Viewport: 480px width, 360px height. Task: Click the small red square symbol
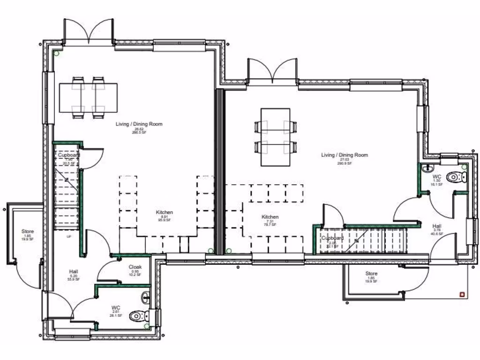463,294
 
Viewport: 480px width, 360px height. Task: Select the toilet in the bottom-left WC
139,315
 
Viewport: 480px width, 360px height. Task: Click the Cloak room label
135,267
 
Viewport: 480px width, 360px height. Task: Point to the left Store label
28,232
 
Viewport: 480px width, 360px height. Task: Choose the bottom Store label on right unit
371,274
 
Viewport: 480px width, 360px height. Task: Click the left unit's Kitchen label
165,212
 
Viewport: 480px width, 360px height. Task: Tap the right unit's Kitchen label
270,217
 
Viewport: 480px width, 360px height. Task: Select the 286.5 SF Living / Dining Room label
139,124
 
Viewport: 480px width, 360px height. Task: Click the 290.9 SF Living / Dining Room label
345,155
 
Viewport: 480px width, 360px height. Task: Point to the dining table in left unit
88,97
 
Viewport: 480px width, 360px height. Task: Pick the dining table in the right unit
276,137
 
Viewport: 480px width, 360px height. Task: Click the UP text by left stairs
69,237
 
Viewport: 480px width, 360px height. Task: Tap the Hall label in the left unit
74,271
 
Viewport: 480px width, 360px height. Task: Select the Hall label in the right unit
437,226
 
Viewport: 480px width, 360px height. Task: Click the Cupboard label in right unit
332,238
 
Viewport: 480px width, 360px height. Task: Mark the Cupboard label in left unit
68,155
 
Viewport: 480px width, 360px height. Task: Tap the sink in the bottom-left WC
146,296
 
